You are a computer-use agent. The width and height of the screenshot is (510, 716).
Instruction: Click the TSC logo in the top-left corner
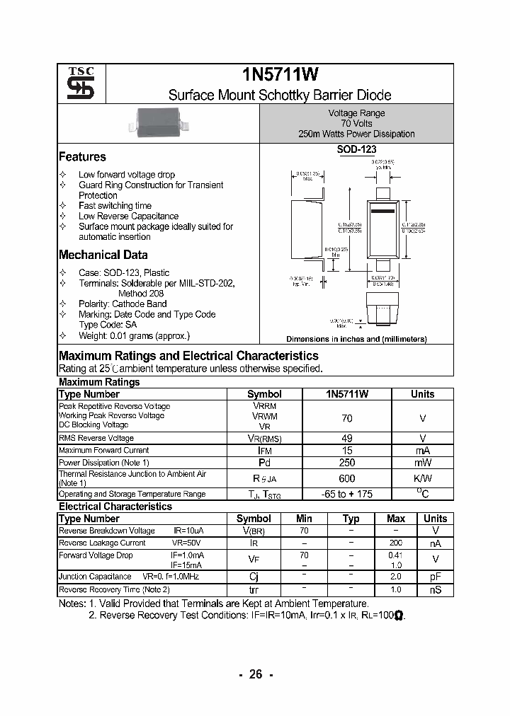(x=75, y=84)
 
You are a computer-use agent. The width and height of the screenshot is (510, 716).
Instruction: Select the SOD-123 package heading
(x=356, y=150)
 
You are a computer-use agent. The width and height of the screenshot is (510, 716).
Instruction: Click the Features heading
(x=82, y=157)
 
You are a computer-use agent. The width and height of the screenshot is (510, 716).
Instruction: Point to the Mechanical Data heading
(x=103, y=255)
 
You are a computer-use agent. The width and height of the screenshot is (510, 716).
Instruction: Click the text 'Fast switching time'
(x=115, y=206)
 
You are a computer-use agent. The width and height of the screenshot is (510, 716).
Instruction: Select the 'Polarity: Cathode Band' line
(x=123, y=304)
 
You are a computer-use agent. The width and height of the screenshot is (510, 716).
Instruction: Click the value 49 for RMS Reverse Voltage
(x=346, y=438)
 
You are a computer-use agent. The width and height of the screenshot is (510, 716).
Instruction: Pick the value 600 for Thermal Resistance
(x=346, y=478)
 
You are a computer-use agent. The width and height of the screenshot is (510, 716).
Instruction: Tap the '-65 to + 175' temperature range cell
(x=346, y=494)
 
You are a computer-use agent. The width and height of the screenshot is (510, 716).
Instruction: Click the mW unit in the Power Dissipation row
(x=422, y=462)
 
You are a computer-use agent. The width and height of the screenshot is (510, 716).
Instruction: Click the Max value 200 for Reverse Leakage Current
(x=395, y=543)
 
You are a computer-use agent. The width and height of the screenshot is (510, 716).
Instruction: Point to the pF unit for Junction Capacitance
(x=435, y=577)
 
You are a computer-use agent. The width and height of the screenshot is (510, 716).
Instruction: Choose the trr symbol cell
(x=254, y=589)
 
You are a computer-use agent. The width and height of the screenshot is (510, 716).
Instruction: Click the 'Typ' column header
(x=351, y=519)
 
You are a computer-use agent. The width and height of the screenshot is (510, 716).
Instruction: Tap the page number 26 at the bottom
(x=255, y=674)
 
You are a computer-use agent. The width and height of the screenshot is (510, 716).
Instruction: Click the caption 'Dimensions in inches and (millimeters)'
(x=356, y=340)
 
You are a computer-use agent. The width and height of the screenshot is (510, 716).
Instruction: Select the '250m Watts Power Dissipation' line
(x=356, y=134)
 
